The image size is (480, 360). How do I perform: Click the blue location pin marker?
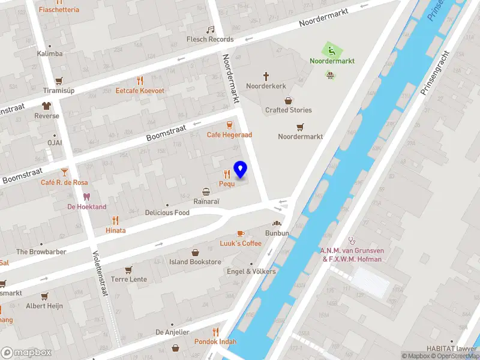pos(241,170)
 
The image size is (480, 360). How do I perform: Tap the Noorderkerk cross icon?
pos(266,76)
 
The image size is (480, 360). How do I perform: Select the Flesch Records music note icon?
pos(210,29)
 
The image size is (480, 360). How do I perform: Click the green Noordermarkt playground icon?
pos(329,50)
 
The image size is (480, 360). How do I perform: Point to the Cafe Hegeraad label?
pos(229,135)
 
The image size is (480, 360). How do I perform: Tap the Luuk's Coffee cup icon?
pos(241,233)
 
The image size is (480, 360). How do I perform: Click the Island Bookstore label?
pos(196,262)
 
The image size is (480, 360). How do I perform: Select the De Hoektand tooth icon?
pos(86,197)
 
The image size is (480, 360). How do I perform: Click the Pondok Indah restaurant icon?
pos(215,332)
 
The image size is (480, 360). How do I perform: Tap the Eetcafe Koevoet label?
pos(140,91)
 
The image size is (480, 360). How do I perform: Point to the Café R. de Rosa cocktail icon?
pos(65,172)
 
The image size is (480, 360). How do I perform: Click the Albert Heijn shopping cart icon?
pos(44,296)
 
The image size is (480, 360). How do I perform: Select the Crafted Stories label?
pos(289,110)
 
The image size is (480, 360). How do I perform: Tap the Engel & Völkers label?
pos(251,271)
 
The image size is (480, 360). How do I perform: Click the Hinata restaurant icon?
pos(115,220)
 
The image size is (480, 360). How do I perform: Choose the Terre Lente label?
pos(129,280)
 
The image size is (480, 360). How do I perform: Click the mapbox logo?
pos(26,353)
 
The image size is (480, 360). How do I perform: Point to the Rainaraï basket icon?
pos(206,192)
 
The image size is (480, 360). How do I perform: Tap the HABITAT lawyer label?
pos(452,349)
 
